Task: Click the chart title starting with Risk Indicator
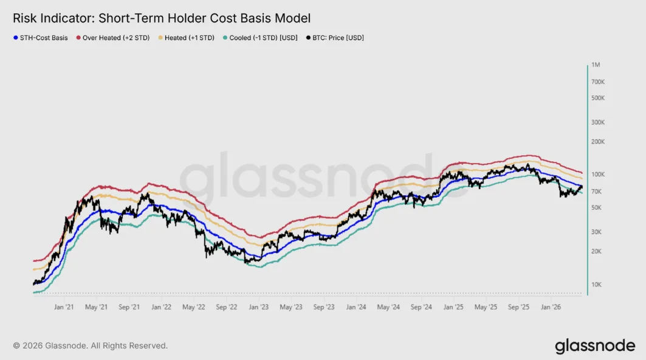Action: [x=162, y=18]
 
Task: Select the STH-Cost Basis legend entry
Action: [x=40, y=38]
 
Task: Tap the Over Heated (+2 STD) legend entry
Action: [x=113, y=38]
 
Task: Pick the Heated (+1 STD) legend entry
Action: [x=186, y=38]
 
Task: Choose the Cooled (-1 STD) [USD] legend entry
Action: [x=260, y=38]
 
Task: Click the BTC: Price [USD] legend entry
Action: [x=335, y=38]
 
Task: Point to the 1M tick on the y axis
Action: [x=596, y=64]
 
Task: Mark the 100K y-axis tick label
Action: [x=598, y=175]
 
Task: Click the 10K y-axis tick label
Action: [x=596, y=285]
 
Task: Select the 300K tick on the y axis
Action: [x=598, y=122]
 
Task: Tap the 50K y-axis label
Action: [x=596, y=208]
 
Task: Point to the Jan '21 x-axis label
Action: [x=64, y=307]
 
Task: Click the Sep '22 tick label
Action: [x=227, y=307]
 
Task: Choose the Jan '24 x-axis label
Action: [x=356, y=307]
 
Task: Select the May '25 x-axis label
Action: [x=486, y=307]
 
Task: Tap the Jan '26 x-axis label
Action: [x=551, y=307]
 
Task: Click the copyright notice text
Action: [x=90, y=345]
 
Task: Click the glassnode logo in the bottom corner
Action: [x=595, y=346]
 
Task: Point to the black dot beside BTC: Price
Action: [x=308, y=38]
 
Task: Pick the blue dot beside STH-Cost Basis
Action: [x=16, y=38]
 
